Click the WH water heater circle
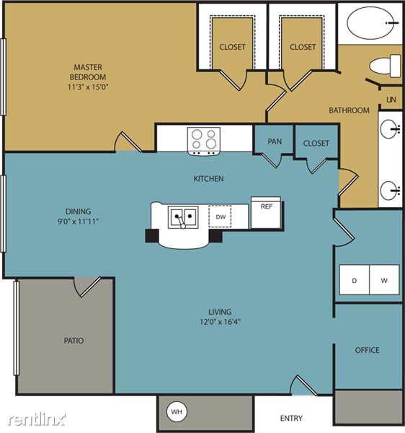coord(177,412)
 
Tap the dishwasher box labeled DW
coord(220,216)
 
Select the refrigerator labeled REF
coord(266,212)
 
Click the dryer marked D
coord(355,280)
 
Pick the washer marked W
coord(384,280)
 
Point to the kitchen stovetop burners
coord(204,139)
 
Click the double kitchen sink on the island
coord(183,217)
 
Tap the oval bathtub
coord(370,23)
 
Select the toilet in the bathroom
coord(385,66)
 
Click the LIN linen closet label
coord(391,100)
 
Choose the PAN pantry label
coord(275,141)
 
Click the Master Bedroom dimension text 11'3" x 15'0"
coord(88,87)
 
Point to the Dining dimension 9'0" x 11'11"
coord(78,222)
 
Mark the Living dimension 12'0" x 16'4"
coord(220,322)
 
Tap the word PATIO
coord(74,341)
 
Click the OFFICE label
coord(368,350)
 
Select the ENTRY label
coord(291,419)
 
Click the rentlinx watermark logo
coord(37,419)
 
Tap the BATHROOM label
coord(349,110)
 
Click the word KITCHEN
coord(208,179)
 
